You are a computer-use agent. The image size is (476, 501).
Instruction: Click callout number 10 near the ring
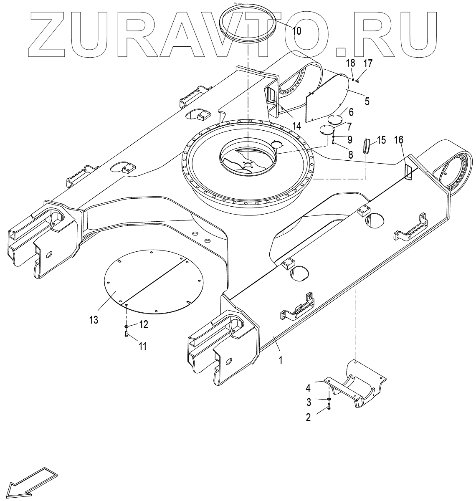[296, 31]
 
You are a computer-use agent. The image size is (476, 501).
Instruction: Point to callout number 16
[399, 140]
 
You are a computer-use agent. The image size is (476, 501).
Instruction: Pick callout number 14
[296, 126]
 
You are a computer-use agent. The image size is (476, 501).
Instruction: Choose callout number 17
[368, 63]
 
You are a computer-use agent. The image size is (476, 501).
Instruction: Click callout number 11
[143, 346]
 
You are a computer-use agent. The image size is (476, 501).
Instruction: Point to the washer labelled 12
[126, 325]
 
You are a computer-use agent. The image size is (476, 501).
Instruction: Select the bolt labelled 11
[126, 334]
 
